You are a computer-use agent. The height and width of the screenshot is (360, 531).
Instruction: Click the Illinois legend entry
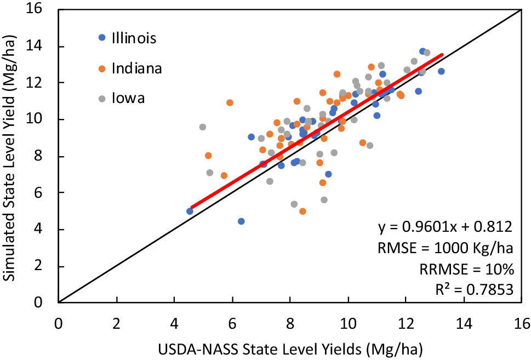[x=134, y=38]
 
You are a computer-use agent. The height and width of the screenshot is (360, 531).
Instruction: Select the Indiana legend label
[x=136, y=68]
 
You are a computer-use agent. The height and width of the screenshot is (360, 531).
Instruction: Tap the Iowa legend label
[x=128, y=99]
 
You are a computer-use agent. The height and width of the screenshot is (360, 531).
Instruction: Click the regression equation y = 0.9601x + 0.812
[x=445, y=227]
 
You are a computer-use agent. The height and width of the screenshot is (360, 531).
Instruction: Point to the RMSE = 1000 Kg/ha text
[x=445, y=248]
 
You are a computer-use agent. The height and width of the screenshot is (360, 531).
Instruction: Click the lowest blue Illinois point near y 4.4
[x=241, y=221]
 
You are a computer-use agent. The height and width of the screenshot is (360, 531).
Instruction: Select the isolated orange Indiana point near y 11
[x=230, y=102]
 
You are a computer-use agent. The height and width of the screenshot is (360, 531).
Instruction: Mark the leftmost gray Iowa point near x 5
[x=203, y=127]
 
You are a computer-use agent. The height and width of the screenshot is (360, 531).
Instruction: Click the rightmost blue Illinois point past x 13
[x=441, y=71]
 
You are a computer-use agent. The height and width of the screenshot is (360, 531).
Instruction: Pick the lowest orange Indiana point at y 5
[x=302, y=212]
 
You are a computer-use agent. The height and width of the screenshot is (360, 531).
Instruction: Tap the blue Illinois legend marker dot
[x=101, y=38]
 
